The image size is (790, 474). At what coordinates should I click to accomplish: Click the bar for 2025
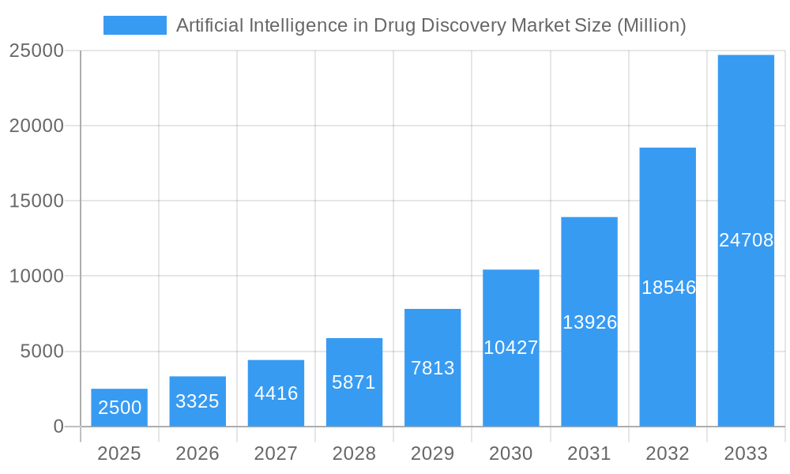coord(118,408)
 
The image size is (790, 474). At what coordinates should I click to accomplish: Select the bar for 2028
coord(354,382)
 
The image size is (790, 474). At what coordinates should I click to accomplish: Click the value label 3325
coord(197,401)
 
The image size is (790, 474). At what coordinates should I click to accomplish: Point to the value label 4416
coord(276,393)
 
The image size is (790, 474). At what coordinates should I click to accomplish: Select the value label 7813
coord(432,368)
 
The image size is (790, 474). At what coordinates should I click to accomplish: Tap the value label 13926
coord(589,322)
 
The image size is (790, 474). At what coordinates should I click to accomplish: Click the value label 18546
coord(668,288)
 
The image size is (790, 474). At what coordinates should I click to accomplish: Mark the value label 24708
coord(746,240)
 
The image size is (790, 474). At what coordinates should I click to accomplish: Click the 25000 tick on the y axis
coord(36,51)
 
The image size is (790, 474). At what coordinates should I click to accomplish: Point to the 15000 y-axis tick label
coord(36,201)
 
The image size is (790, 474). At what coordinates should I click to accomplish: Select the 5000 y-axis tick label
coord(41,352)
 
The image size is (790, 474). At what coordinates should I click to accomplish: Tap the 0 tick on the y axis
coord(58,427)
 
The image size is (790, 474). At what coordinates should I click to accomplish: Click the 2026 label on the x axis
coord(197,453)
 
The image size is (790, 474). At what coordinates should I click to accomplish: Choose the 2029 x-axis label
coord(432,453)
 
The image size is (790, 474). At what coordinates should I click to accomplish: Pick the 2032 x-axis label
coord(668,453)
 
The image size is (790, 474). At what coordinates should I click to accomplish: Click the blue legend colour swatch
coord(135,25)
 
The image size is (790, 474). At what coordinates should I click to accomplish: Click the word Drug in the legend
coord(395,25)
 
